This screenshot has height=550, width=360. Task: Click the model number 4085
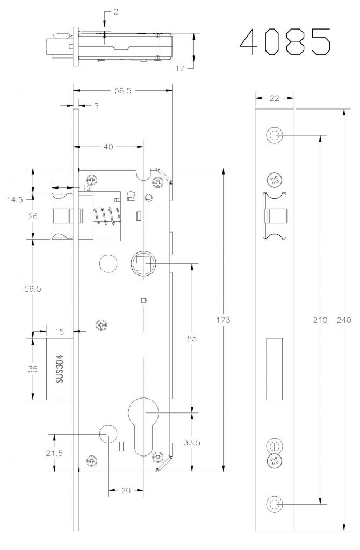[285, 42]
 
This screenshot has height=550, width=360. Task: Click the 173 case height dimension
[223, 320]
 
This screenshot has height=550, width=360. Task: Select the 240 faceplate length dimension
[344, 320]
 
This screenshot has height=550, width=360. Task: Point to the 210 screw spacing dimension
[320, 320]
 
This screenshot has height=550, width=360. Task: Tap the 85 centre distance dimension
[192, 338]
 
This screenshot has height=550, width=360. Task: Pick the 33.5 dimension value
[192, 443]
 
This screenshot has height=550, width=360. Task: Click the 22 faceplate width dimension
[275, 98]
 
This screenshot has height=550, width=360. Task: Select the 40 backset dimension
[109, 147]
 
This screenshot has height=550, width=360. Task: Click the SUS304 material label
[60, 368]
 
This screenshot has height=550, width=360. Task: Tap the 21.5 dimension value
[54, 453]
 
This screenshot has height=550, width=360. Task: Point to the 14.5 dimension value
[15, 200]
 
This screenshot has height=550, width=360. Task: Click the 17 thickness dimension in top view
[179, 68]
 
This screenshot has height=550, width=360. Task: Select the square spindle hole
[143, 263]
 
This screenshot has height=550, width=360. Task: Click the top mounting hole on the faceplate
[275, 135]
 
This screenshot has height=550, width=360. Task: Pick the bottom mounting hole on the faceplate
[275, 505]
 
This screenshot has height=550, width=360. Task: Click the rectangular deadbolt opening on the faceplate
[275, 368]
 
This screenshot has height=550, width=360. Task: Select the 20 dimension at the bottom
[126, 490]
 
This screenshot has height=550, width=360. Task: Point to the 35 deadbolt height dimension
[33, 369]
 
